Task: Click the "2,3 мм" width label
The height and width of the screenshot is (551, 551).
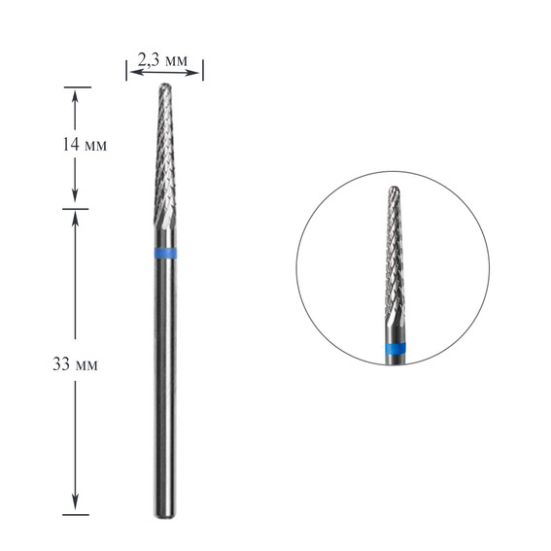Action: pos(162,60)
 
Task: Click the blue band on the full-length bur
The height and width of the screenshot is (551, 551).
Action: pos(164,254)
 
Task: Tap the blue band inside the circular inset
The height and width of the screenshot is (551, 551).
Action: pos(394,349)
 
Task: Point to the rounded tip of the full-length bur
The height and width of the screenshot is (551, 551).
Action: pos(164,87)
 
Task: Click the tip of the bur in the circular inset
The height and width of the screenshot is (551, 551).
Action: pos(394,189)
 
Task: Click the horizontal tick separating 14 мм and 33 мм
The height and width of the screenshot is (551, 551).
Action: pos(76,208)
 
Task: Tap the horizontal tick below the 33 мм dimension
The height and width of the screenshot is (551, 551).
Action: pos(76,515)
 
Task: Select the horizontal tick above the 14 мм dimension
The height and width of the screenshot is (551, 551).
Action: pos(76,86)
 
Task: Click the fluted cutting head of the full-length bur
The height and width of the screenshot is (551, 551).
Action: pos(164,165)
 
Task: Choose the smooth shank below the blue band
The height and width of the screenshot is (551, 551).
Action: pos(164,389)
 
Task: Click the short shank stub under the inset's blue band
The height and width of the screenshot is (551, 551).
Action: pos(394,360)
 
